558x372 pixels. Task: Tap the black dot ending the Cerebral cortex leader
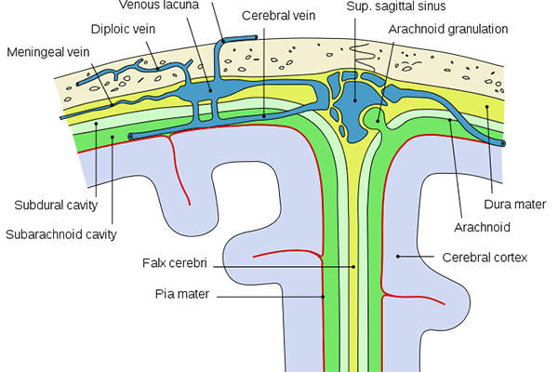399,256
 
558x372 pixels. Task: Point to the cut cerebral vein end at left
130,137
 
